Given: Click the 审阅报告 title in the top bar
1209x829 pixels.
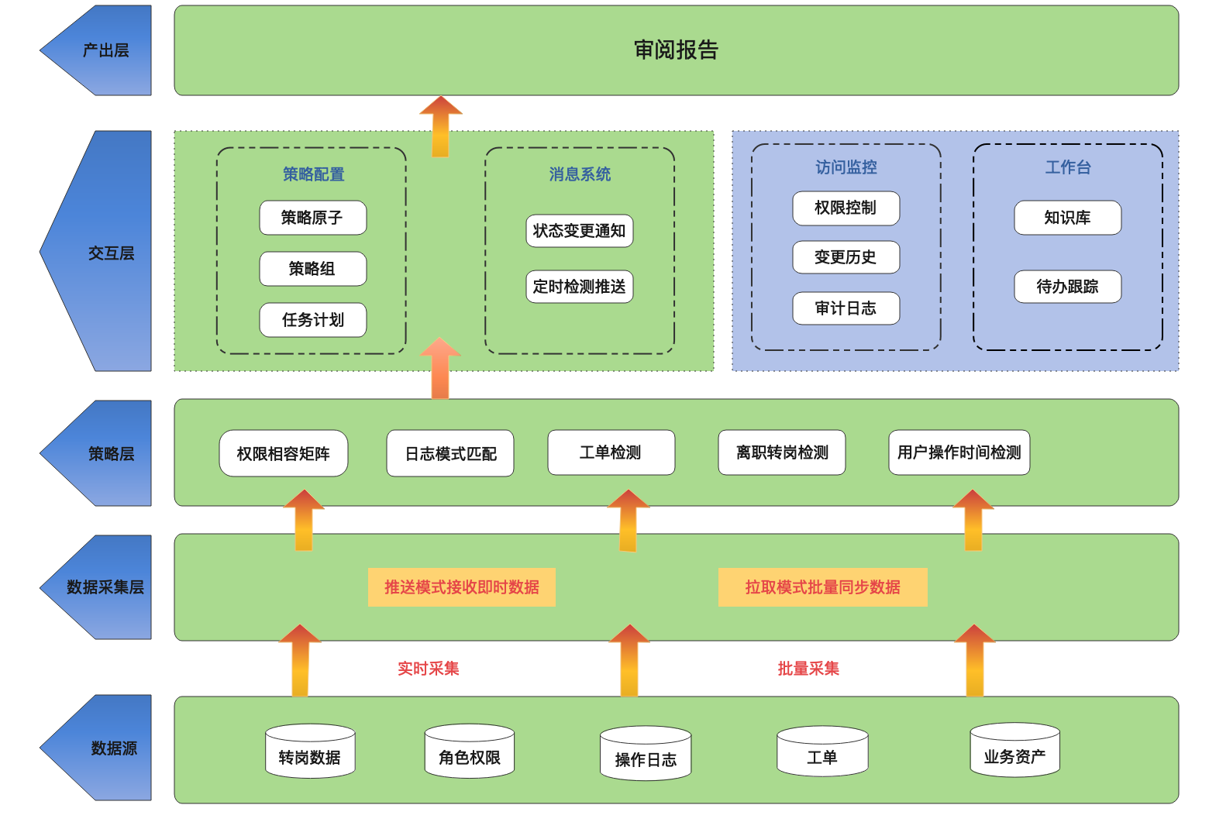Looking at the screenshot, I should pos(676,50).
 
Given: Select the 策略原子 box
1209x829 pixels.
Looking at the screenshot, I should pos(312,218).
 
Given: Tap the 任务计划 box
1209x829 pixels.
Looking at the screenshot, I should pos(312,320).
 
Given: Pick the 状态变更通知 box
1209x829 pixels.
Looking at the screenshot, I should pos(579,231).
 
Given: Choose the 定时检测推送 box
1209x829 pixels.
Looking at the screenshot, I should pos(579,287).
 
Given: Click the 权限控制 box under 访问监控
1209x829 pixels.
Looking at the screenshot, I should pos(846,208).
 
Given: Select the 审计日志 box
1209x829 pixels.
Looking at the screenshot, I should pos(846,308).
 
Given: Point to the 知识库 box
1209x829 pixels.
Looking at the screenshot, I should pos(1067,218).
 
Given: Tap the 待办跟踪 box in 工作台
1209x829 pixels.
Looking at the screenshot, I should pos(1067,287).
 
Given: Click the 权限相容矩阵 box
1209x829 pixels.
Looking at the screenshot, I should pos(284,453).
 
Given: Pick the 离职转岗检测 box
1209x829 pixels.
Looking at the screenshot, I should pos(781,452).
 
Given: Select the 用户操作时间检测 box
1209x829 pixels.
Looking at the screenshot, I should pos(959,452).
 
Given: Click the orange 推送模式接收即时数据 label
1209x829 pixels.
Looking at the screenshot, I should pos(462,587).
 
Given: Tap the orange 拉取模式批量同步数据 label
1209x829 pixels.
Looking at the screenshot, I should pos(822,587).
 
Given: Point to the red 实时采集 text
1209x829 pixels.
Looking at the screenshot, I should pos(429,669).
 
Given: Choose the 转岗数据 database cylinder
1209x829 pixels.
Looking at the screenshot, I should pos(310,752).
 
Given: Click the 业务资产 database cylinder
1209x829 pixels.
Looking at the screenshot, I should pos(1014,750).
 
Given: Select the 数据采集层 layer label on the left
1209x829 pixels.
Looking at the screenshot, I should pos(105,587).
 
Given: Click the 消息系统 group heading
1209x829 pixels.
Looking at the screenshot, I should pos(580,174).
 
